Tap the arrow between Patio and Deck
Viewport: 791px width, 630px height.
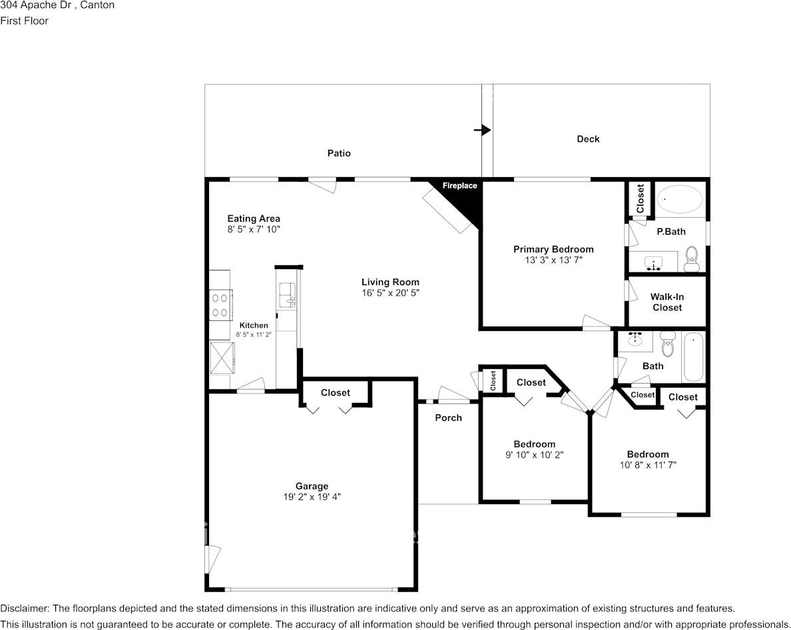482,130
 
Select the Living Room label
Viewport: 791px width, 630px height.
390,282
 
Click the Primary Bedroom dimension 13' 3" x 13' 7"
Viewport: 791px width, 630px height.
553,260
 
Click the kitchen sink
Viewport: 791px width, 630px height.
288,295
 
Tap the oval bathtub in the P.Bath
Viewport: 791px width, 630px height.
680,199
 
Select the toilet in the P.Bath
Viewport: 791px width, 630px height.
690,258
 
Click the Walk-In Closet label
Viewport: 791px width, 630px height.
667,302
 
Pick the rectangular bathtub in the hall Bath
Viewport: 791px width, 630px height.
692,357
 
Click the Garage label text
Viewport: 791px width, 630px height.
312,486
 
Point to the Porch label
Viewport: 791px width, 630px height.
449,418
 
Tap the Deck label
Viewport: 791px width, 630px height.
588,139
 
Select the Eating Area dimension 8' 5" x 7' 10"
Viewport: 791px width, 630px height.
254,230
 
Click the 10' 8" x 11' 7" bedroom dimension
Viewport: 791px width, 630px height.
648,465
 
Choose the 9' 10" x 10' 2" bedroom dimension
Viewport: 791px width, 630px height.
534,455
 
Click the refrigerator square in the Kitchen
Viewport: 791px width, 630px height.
222,358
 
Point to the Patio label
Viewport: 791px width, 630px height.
339,153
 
